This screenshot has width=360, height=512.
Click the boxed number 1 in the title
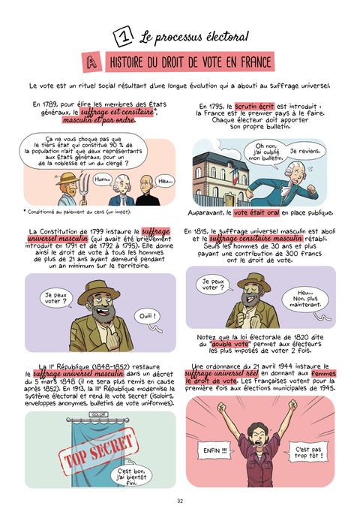(x=123, y=37)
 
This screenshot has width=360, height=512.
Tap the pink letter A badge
(x=92, y=62)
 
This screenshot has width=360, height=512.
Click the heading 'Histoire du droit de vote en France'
(x=190, y=62)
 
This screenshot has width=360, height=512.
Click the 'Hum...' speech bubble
(x=103, y=179)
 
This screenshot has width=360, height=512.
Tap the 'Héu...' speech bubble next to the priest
(x=165, y=181)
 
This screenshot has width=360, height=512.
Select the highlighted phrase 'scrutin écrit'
(x=254, y=107)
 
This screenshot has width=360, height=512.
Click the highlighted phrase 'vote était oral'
(x=256, y=212)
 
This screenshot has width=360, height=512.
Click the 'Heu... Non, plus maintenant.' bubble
(x=305, y=300)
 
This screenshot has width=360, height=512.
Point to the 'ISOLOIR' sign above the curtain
(x=98, y=414)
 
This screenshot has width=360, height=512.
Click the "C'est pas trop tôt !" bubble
(x=308, y=452)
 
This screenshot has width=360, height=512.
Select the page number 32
(x=180, y=501)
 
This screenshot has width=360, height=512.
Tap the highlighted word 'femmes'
(x=323, y=374)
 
